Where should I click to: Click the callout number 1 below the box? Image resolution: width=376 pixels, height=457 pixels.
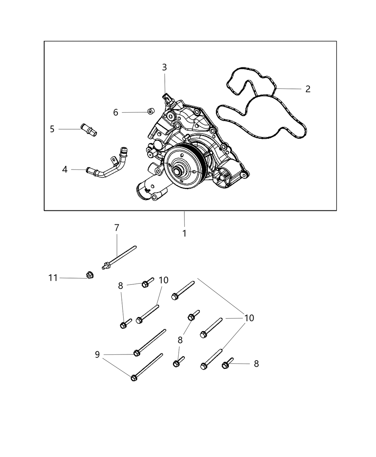click(x=184, y=234)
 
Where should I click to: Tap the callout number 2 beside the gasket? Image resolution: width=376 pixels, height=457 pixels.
click(x=308, y=89)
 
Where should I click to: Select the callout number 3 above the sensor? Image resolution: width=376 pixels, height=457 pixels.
click(x=164, y=67)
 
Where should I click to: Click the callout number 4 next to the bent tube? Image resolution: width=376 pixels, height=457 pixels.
click(x=65, y=169)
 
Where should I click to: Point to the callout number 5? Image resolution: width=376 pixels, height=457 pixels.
click(x=52, y=129)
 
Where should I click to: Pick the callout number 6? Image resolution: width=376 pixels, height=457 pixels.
click(x=116, y=113)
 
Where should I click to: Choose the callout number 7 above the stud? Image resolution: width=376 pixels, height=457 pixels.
click(x=116, y=228)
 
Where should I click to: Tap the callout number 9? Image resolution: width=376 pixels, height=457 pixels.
click(x=97, y=354)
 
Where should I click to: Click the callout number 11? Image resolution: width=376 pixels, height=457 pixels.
click(x=53, y=278)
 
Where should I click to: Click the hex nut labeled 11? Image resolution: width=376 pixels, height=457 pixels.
click(x=90, y=275)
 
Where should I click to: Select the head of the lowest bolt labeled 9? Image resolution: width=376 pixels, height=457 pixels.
click(x=134, y=377)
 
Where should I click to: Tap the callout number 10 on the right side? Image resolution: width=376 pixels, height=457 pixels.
click(x=249, y=318)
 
